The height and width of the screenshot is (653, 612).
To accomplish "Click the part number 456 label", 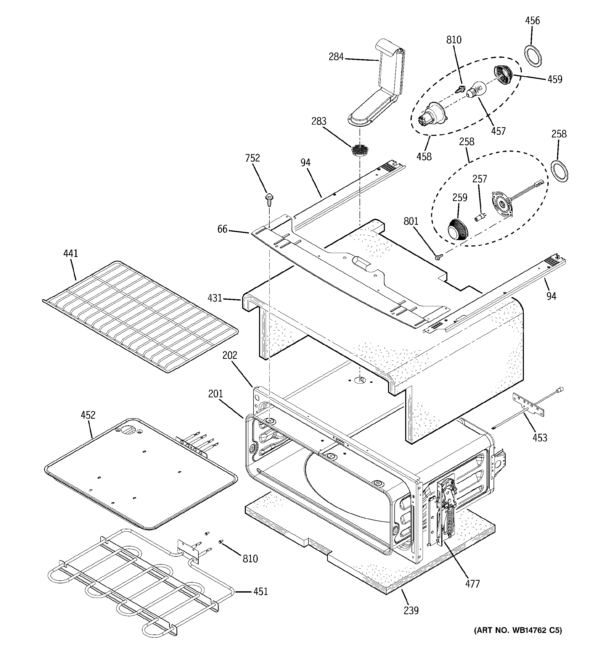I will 532,21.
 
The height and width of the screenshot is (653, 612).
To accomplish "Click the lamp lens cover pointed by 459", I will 502,75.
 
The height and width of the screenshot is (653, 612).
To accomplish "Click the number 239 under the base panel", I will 411,610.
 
